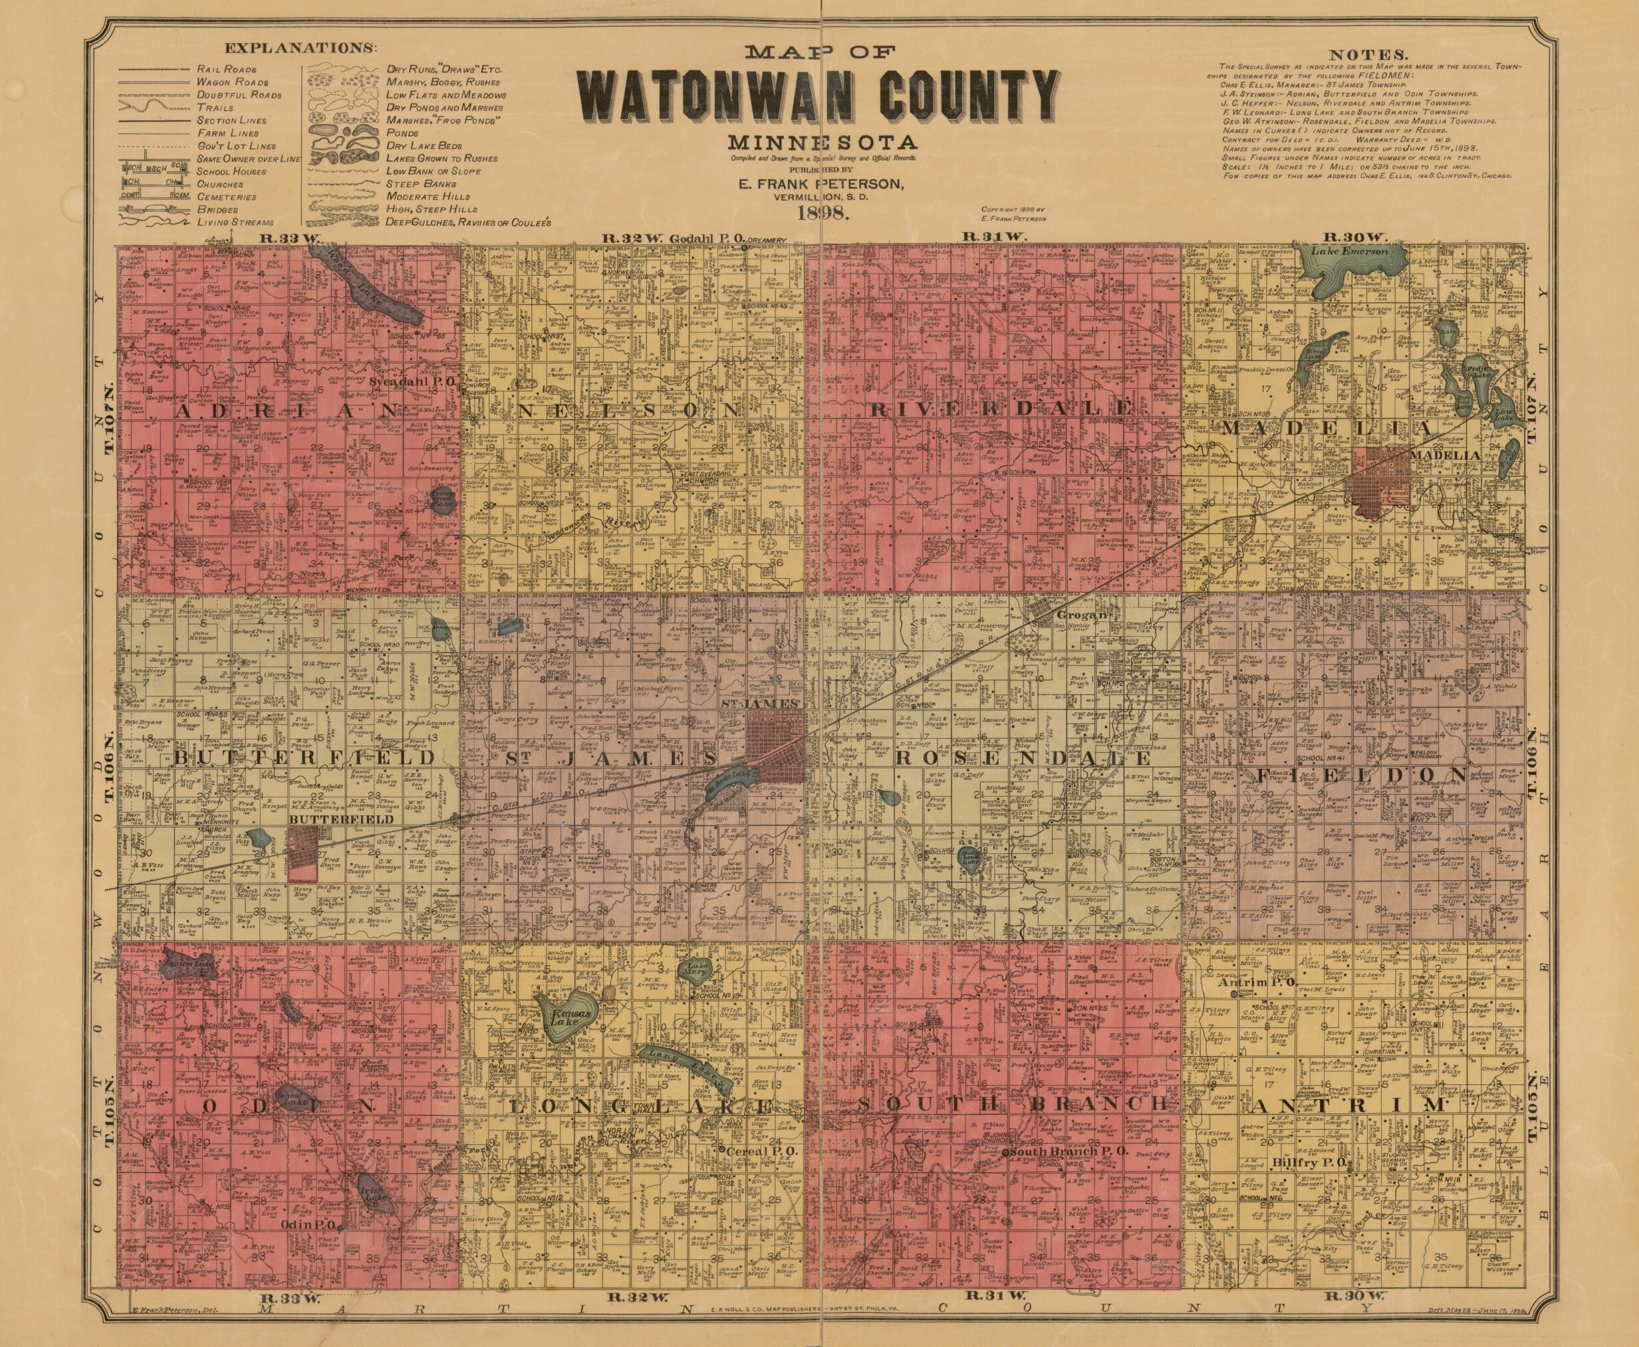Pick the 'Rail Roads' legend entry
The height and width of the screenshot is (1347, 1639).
221,69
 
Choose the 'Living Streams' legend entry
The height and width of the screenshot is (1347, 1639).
232,222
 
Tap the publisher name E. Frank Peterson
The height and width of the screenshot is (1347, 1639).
820,185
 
